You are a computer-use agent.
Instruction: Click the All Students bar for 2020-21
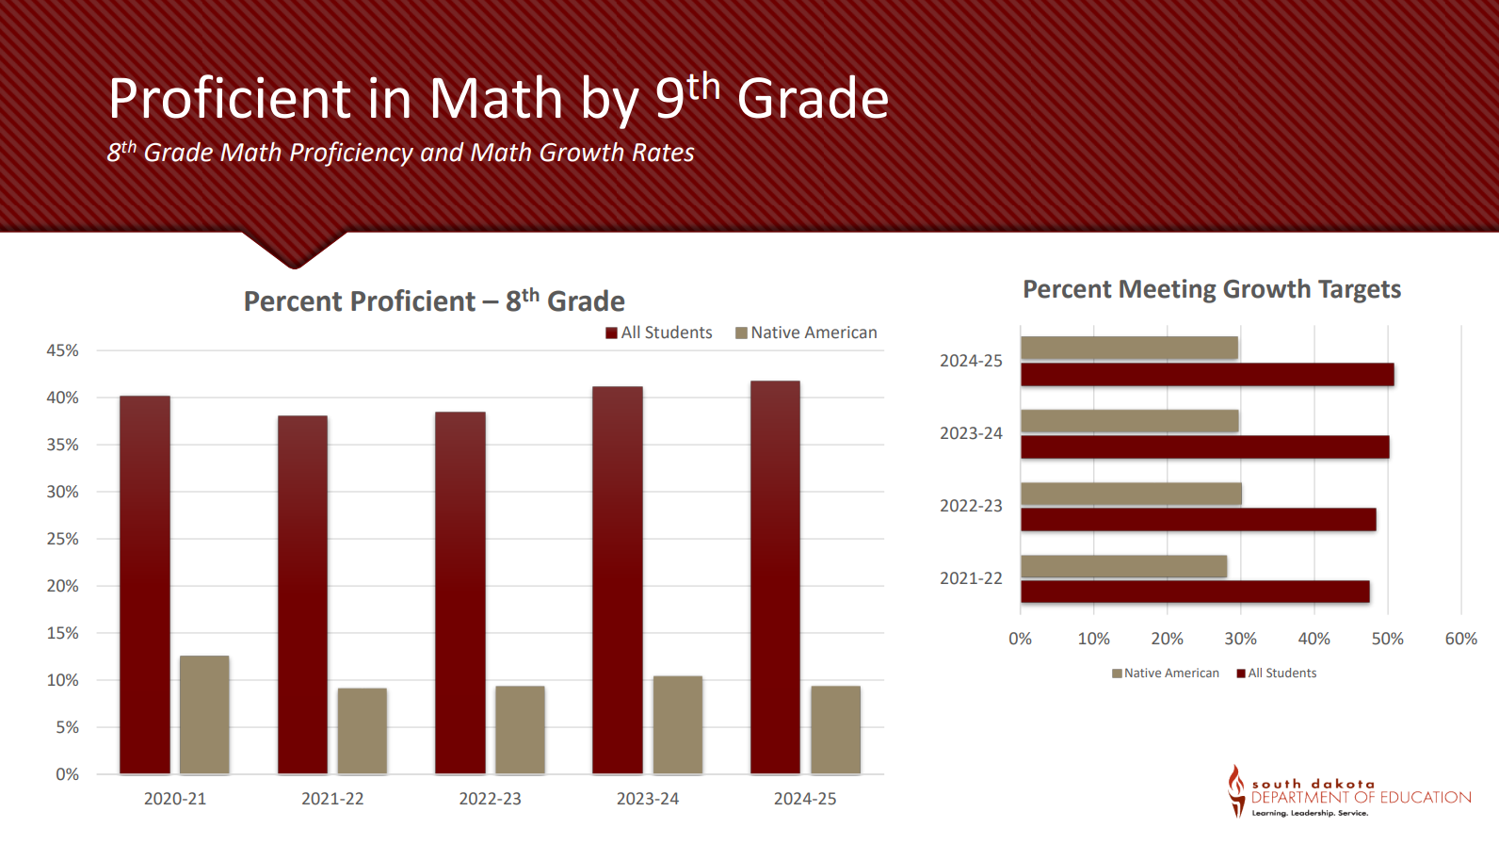click(x=145, y=584)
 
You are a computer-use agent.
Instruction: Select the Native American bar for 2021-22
click(x=363, y=731)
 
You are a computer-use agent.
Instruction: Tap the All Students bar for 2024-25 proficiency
click(x=775, y=576)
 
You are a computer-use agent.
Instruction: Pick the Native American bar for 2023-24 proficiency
click(x=678, y=724)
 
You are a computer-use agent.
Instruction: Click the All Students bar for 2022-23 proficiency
click(x=460, y=592)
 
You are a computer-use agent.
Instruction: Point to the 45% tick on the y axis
click(x=63, y=350)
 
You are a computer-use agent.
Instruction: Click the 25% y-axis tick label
click(x=63, y=539)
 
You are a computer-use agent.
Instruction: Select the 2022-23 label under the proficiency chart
click(x=490, y=799)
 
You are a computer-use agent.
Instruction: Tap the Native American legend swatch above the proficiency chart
click(x=741, y=333)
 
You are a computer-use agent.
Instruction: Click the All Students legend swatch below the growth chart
click(x=1241, y=674)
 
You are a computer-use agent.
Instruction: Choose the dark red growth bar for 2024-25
click(x=1207, y=375)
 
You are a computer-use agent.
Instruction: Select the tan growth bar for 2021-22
click(x=1123, y=566)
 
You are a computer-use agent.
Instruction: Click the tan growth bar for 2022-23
click(x=1131, y=494)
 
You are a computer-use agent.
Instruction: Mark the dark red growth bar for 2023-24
click(x=1204, y=447)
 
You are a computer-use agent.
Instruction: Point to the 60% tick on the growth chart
click(x=1460, y=639)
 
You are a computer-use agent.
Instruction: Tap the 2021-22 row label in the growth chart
click(x=971, y=578)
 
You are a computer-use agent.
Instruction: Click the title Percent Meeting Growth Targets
click(x=1212, y=289)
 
